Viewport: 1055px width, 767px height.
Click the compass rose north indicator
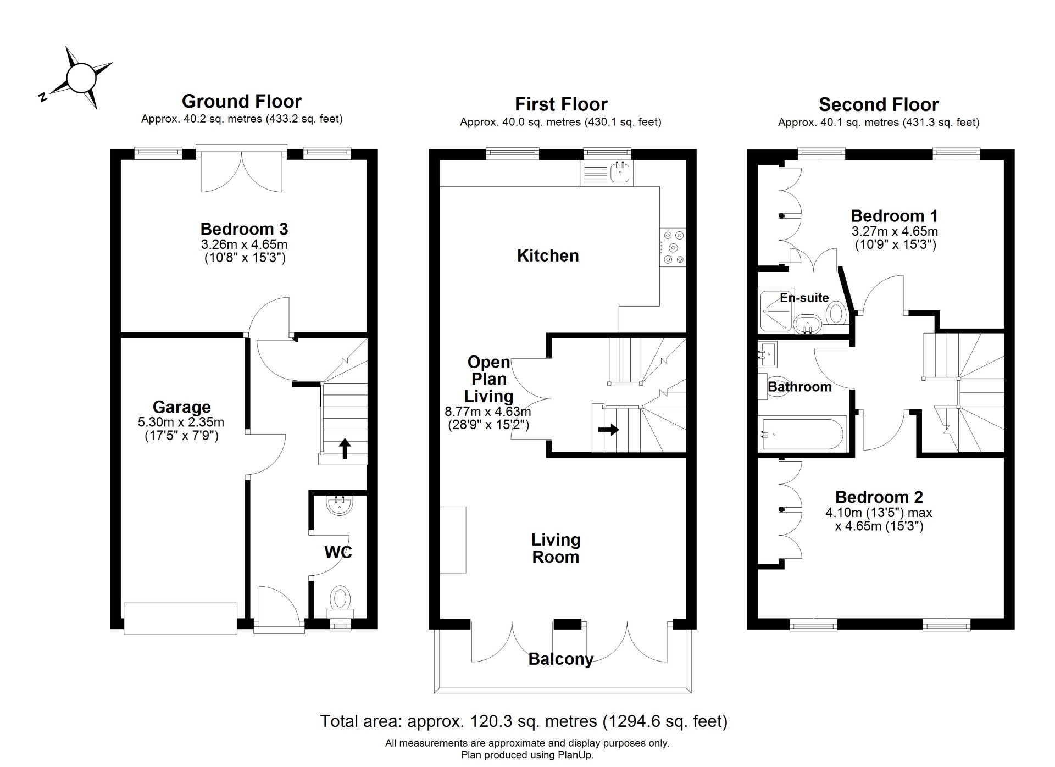(42, 97)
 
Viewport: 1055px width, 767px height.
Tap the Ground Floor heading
(242, 101)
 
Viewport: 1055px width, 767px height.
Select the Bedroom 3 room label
(244, 229)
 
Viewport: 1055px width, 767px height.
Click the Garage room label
(181, 407)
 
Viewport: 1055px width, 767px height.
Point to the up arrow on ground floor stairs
(344, 448)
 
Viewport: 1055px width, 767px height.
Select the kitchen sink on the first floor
(621, 173)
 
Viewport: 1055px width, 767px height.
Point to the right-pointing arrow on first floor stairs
(608, 430)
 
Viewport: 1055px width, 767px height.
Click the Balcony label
(561, 659)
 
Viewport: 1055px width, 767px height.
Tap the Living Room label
(556, 548)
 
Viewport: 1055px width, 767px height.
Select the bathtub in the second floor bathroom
(802, 434)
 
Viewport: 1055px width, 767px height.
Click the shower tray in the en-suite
(776, 311)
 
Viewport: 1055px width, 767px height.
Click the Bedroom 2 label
(879, 497)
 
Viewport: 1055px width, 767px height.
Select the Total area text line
(524, 721)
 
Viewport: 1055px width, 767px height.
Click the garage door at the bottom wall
(180, 619)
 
